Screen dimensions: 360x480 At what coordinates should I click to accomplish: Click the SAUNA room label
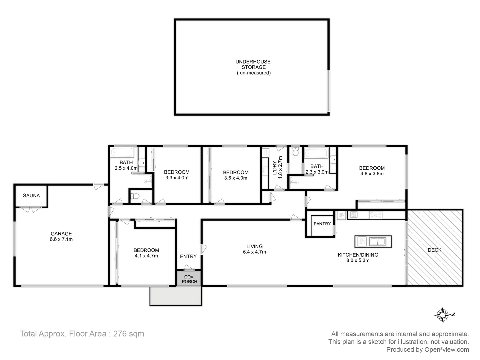(31, 196)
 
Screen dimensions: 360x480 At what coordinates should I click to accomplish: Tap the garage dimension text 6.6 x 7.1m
(61, 239)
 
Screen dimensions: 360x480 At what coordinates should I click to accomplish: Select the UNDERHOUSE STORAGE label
(253, 64)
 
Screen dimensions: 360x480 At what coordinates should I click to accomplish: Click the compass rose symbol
(443, 315)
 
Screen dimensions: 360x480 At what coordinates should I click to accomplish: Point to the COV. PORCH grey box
(189, 279)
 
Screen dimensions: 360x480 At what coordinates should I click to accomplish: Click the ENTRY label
(188, 256)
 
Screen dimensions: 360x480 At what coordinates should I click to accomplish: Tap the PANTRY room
(322, 224)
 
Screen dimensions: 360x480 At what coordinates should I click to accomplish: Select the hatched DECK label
(435, 250)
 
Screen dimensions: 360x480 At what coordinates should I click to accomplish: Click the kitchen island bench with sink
(373, 241)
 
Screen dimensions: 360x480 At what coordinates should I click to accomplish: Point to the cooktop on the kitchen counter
(376, 215)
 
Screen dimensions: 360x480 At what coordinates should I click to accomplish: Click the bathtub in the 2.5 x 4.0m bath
(122, 153)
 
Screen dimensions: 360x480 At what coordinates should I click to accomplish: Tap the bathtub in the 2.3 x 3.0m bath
(317, 154)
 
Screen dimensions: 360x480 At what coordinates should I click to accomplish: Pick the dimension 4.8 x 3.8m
(372, 174)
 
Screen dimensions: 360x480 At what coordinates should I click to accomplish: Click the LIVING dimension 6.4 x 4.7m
(255, 252)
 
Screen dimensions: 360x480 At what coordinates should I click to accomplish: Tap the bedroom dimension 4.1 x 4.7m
(146, 256)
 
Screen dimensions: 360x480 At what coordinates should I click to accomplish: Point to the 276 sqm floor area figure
(129, 334)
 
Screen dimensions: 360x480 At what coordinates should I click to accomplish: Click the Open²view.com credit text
(446, 350)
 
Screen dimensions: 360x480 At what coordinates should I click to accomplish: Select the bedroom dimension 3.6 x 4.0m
(236, 178)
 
